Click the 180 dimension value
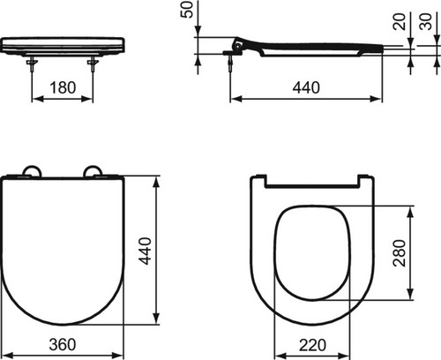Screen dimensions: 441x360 (63, 87)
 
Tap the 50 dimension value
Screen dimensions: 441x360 (187, 10)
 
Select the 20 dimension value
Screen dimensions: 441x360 (400, 21)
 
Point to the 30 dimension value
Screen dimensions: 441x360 (427, 21)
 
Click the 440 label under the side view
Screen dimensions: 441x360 (306, 87)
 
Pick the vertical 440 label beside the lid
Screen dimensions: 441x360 (145, 251)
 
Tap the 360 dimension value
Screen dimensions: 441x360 (63, 345)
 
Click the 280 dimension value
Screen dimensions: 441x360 (400, 253)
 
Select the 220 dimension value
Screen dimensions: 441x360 (312, 345)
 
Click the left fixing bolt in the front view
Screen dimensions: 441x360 (32, 64)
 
